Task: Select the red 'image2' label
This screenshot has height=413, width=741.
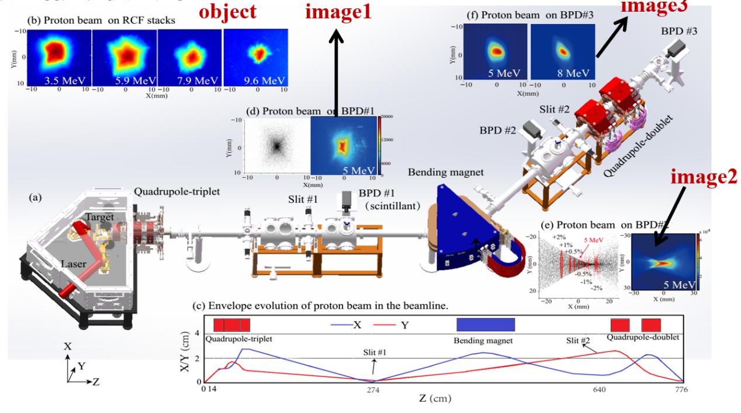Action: (x=704, y=176)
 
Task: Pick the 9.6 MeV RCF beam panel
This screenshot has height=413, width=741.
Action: (x=255, y=58)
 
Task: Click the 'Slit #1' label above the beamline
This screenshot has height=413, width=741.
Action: (x=303, y=199)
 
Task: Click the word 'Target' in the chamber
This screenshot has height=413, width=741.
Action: (x=100, y=216)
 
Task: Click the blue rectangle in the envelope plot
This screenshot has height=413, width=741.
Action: (x=485, y=325)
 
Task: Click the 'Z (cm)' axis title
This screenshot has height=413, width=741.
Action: (x=435, y=400)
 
